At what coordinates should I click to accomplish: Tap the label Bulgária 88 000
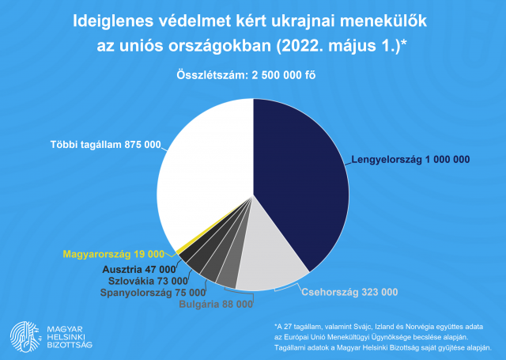(x=216, y=303)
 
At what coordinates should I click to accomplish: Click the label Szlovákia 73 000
(x=149, y=280)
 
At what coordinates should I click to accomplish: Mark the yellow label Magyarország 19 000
(x=113, y=254)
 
